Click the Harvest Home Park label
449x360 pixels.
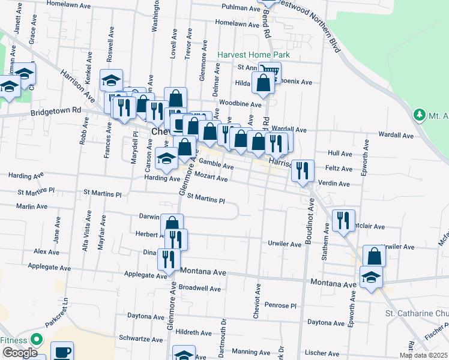tap(253, 55)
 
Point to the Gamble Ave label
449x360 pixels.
tap(216, 163)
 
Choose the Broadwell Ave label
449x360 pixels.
tap(200, 288)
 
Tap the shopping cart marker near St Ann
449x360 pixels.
tap(270, 73)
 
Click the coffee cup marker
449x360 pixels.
tap(62, 352)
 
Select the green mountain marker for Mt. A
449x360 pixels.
tap(420, 114)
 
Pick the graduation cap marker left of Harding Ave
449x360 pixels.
tap(166, 158)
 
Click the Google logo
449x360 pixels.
tap(20, 353)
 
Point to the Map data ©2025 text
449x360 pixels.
tap(423, 355)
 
